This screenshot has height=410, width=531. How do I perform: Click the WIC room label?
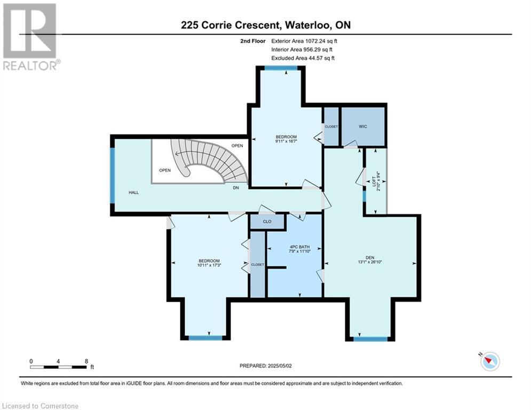click(x=363, y=127)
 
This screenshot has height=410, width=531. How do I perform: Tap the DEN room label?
click(x=370, y=257)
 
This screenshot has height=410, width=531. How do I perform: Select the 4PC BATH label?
click(x=300, y=247)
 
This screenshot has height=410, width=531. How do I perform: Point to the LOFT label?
click(x=374, y=181)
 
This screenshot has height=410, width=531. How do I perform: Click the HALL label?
click(x=134, y=193)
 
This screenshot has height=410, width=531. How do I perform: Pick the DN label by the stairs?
click(x=236, y=188)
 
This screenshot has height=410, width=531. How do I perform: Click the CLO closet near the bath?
click(x=267, y=221)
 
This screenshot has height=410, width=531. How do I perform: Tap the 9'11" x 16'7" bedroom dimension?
click(x=286, y=141)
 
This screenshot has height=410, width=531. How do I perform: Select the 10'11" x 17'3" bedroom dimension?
click(x=209, y=265)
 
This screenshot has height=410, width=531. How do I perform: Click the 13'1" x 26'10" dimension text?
click(x=370, y=262)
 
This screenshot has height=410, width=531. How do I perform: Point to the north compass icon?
click(x=490, y=361)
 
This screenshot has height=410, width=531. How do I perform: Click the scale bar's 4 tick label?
click(x=58, y=361)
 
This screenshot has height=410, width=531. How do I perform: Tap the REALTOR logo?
click(x=31, y=37)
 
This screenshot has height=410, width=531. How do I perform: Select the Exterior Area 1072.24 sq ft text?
click(x=304, y=41)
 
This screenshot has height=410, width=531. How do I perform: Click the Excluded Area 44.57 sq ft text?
click(x=303, y=58)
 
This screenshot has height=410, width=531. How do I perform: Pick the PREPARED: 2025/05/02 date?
click(x=266, y=366)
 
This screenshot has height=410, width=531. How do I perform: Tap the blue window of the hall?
click(x=113, y=176)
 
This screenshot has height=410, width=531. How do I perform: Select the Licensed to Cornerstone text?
click(x=40, y=406)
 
